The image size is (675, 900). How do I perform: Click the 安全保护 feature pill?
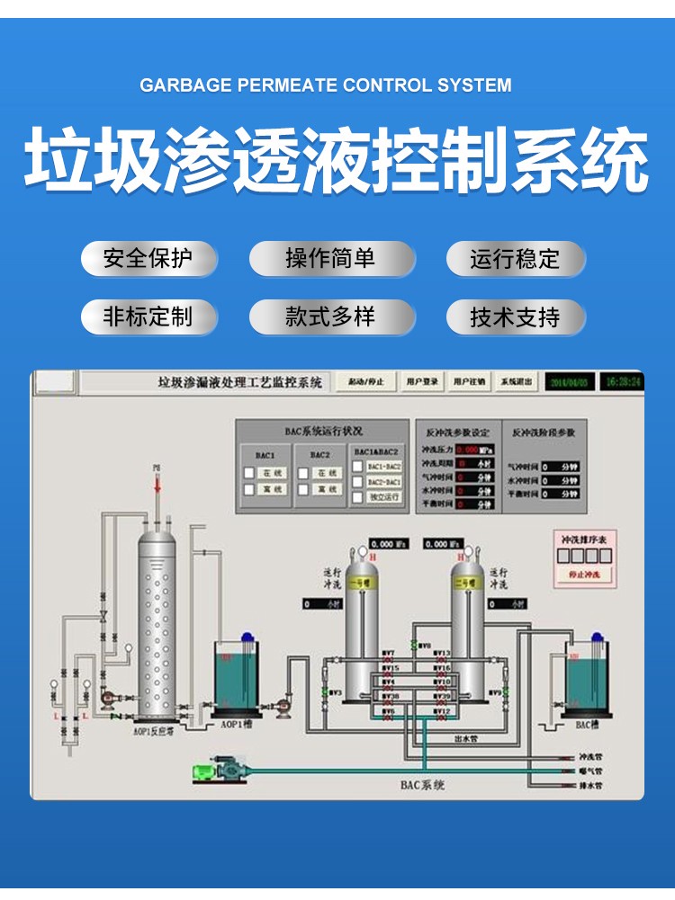(x=148, y=259)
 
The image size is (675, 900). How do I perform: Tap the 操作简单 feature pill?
(x=331, y=259)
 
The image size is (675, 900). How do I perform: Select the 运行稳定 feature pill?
(x=515, y=260)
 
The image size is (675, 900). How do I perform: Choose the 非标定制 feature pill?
(x=148, y=316)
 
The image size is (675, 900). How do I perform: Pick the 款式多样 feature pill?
(x=331, y=316)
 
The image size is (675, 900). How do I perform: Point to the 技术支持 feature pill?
(x=515, y=317)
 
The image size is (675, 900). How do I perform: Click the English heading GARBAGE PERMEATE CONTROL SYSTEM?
(x=326, y=85)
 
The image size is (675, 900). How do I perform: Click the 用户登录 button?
(x=422, y=382)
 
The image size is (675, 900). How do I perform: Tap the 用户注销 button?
(x=469, y=382)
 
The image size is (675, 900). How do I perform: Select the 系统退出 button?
(x=517, y=382)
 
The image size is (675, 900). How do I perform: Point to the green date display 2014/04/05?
(x=569, y=382)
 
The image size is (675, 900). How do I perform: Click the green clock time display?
(x=623, y=382)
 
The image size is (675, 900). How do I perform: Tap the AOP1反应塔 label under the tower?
(x=152, y=732)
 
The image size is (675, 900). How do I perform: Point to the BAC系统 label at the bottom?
(x=423, y=784)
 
